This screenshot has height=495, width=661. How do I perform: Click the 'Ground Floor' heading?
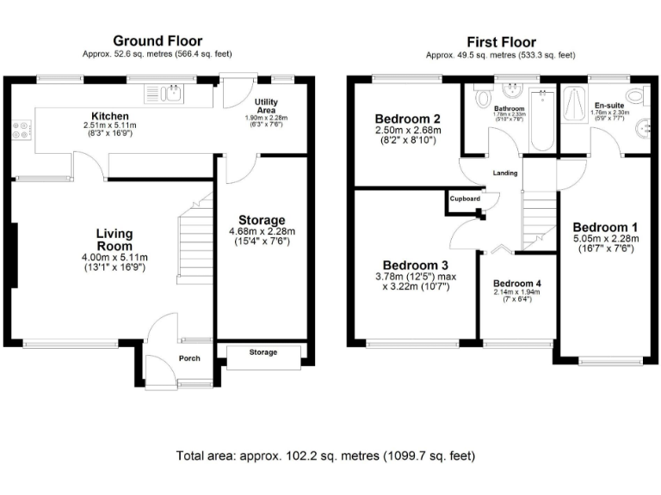[158, 40]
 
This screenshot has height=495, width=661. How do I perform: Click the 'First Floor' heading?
[501, 41]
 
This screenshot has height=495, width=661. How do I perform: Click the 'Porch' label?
[189, 358]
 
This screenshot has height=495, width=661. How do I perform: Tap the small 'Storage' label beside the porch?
[263, 352]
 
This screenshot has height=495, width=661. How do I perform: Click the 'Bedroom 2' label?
[407, 119]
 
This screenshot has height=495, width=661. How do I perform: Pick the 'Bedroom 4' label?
[517, 283]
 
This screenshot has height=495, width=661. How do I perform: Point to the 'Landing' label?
[504, 173]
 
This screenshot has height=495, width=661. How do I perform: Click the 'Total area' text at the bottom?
[325, 455]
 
